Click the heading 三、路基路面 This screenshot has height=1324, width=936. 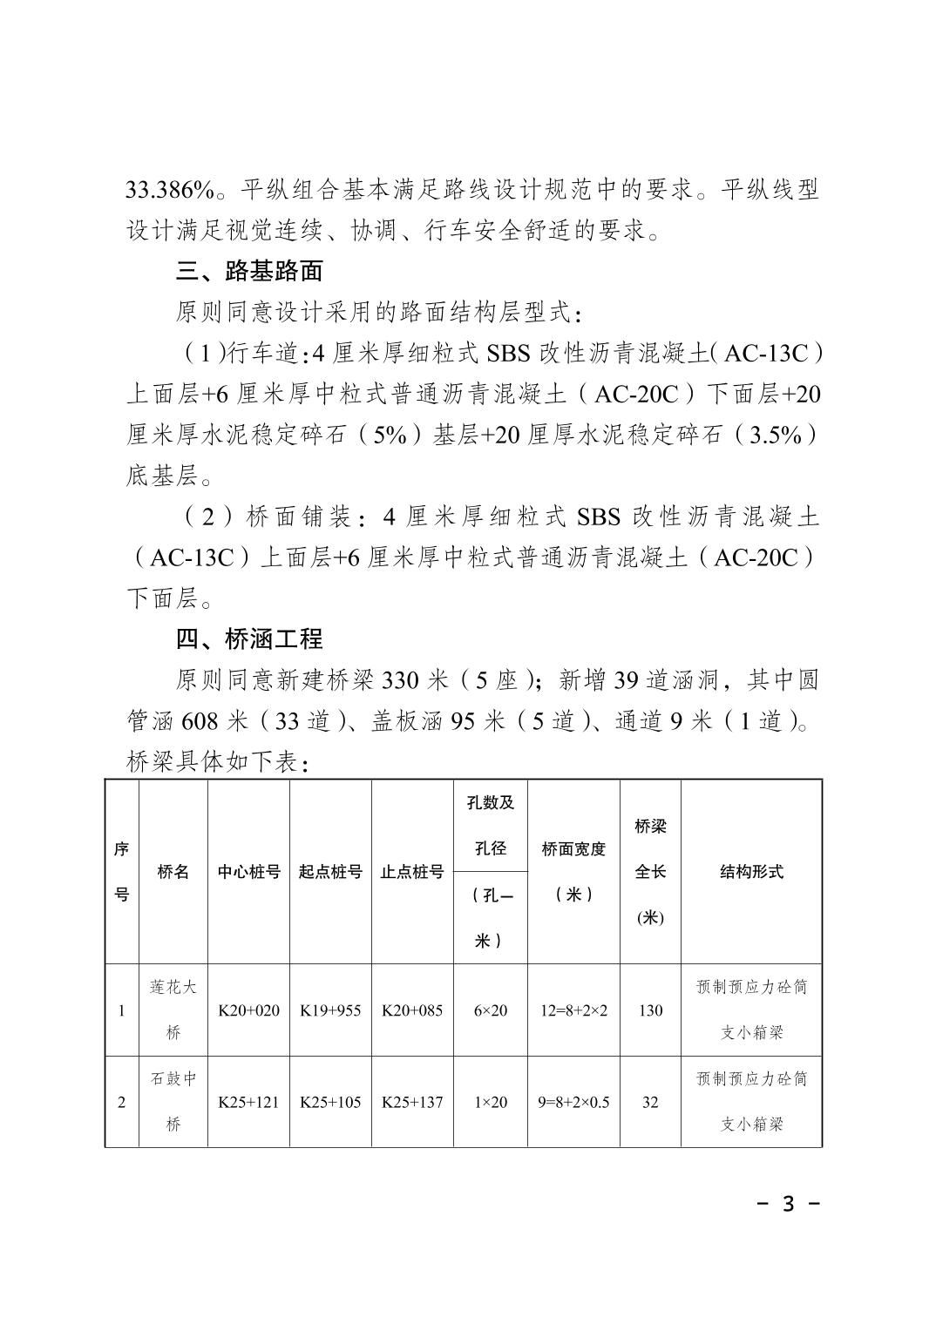click(x=249, y=271)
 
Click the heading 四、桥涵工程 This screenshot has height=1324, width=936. click(x=249, y=639)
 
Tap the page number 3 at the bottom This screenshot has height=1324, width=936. click(x=789, y=1204)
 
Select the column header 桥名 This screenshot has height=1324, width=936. click(x=173, y=872)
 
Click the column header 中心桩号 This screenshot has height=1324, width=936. click(x=248, y=872)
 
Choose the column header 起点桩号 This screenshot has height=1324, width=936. click(x=330, y=872)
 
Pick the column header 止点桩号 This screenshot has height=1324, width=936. click(x=412, y=872)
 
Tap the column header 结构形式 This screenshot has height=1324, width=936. click(x=751, y=872)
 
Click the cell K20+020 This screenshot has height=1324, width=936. click(x=248, y=1010)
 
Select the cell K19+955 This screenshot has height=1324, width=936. click(x=330, y=1010)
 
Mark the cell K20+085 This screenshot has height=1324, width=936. click(x=412, y=1010)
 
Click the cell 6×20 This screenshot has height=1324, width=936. click(x=490, y=1010)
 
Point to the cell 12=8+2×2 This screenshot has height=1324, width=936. click(x=573, y=1010)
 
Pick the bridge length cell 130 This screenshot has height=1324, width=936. click(x=650, y=1010)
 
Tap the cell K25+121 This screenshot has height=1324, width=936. click(x=248, y=1102)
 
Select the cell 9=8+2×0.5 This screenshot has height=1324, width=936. click(x=573, y=1102)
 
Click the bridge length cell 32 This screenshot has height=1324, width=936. click(x=650, y=1102)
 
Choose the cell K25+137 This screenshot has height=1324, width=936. click(x=412, y=1102)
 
